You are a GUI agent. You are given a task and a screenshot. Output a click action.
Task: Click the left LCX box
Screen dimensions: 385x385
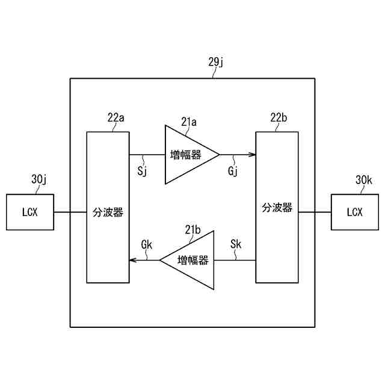(x=29, y=212)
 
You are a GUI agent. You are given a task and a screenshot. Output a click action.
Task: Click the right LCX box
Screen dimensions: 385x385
(x=355, y=212)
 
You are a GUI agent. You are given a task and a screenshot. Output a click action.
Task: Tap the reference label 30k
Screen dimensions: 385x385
(x=364, y=179)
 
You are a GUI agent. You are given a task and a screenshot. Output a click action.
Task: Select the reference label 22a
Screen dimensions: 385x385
(x=116, y=118)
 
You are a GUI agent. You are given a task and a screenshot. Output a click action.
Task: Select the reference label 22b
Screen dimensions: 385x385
(x=279, y=118)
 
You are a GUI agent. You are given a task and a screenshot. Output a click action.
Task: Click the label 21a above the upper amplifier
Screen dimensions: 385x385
(x=189, y=122)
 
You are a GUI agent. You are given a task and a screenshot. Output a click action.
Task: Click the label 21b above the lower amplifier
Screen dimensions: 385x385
(x=193, y=229)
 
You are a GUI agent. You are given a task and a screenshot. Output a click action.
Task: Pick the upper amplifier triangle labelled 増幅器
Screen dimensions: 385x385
(x=188, y=155)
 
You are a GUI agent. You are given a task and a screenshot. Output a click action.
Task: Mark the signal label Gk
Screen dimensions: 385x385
(x=147, y=245)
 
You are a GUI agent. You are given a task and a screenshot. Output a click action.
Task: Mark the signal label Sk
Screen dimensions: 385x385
(x=236, y=245)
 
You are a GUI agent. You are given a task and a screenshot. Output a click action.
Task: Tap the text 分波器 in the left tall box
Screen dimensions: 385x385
(x=108, y=212)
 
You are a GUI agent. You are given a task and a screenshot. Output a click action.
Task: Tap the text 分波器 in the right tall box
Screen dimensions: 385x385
(x=277, y=208)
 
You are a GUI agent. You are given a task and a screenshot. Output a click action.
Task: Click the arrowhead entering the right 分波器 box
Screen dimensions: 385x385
(x=253, y=155)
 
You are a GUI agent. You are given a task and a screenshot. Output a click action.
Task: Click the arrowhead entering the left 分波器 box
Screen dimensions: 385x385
(x=133, y=260)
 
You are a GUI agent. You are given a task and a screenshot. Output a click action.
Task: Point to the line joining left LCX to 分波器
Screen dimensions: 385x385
(x=70, y=212)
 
